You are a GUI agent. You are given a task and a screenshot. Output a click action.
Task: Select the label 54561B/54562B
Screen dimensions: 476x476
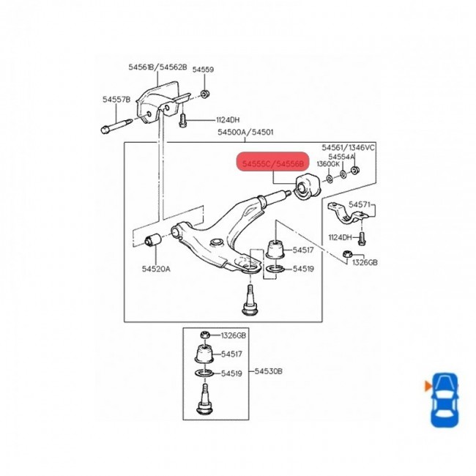[x=157, y=67]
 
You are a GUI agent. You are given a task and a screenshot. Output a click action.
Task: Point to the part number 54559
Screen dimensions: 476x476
[x=203, y=70]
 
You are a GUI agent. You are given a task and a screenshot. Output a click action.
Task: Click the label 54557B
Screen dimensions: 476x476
[x=116, y=99]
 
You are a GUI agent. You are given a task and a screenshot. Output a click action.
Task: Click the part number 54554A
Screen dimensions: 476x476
[x=341, y=157]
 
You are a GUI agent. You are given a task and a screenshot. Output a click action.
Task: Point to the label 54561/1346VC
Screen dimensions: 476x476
[x=349, y=148]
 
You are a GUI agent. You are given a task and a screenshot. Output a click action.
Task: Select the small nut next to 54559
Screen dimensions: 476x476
[x=205, y=94]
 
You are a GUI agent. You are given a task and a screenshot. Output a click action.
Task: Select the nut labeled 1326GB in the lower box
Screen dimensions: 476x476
[x=206, y=335]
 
